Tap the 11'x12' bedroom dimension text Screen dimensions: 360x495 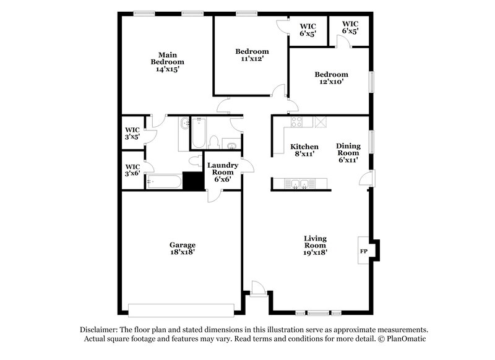[x=252, y=59]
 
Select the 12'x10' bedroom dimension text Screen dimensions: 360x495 [x=330, y=82]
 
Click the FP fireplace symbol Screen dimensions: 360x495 [x=364, y=252]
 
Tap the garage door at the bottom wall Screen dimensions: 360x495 [x=181, y=309]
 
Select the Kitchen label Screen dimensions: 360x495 [x=304, y=147]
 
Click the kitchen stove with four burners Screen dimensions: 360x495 [x=296, y=122]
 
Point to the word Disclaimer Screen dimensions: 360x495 [x=99, y=330]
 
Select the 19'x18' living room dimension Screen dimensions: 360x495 [x=315, y=252]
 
